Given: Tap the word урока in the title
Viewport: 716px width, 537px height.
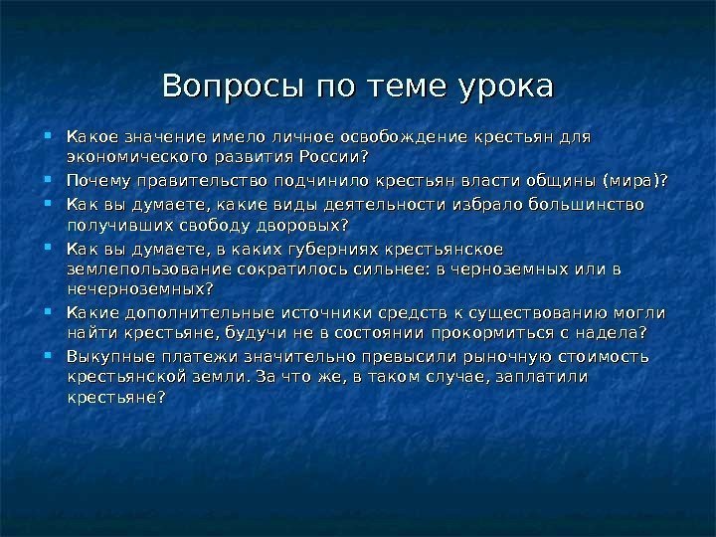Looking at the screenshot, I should (502, 86).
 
